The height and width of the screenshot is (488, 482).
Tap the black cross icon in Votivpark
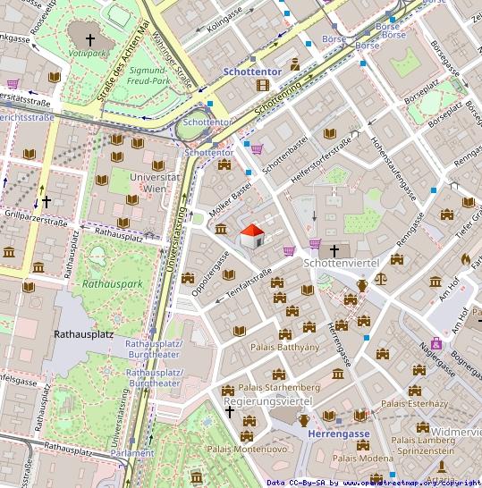89,39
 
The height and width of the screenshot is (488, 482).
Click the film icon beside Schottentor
262,85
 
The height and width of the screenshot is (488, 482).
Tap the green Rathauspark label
112,283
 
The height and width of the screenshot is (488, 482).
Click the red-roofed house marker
252,237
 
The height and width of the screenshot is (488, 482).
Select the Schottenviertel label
342,262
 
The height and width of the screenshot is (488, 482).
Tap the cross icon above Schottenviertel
334,250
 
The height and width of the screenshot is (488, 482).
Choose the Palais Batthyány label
284,347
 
